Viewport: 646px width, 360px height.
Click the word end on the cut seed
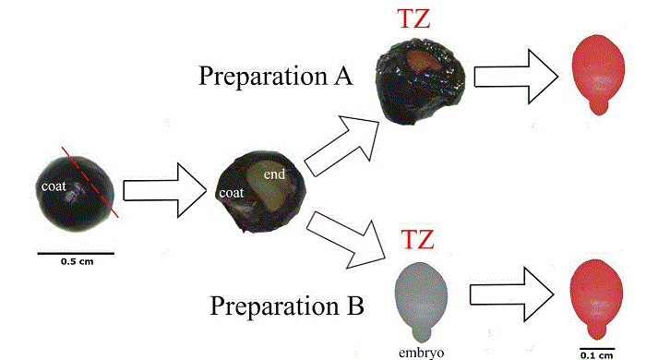click(x=274, y=174)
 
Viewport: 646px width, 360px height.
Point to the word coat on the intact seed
click(x=53, y=186)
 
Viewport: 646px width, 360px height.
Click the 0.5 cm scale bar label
click(x=76, y=261)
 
